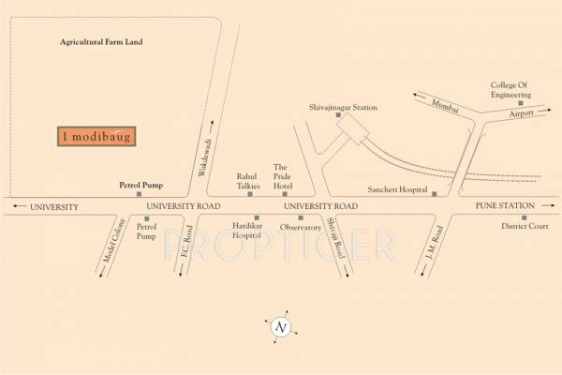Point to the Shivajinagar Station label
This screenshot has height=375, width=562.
click(343, 108)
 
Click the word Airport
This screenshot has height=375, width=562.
click(522, 112)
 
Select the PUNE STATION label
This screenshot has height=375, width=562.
click(505, 205)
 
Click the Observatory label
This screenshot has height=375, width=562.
click(302, 227)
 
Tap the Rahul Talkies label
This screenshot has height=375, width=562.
click(247, 180)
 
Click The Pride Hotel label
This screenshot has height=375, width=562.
click(284, 174)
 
